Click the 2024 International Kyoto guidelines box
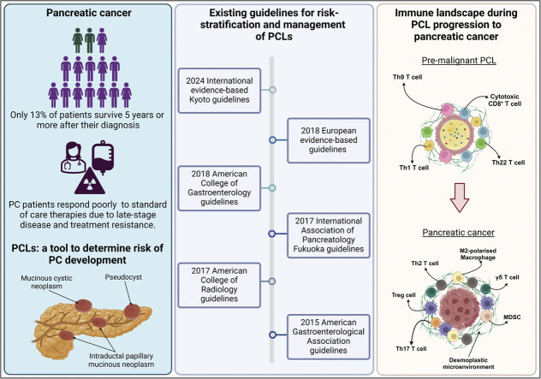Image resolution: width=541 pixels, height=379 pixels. pyautogui.click(x=219, y=91)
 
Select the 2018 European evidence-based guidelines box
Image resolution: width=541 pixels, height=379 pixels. pyautogui.click(x=329, y=140)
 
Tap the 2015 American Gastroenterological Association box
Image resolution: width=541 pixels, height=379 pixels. pyautogui.click(x=329, y=336)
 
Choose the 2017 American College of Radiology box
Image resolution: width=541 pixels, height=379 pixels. pyautogui.click(x=219, y=285)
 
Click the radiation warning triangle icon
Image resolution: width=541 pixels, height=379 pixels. pyautogui.click(x=90, y=180)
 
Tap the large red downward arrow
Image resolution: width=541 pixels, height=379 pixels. pyautogui.click(x=459, y=198)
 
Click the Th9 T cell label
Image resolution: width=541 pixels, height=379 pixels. pyautogui.click(x=407, y=77)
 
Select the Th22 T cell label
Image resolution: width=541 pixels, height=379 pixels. pyautogui.click(x=508, y=163)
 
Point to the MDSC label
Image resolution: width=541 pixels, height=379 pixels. pyautogui.click(x=513, y=317)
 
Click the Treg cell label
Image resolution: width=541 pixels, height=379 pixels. pyautogui.click(x=403, y=295)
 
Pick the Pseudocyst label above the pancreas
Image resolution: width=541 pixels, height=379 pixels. pyautogui.click(x=123, y=277)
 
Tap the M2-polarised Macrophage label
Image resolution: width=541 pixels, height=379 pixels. pyautogui.click(x=478, y=254)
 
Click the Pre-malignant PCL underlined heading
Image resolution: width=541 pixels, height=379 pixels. pyautogui.click(x=459, y=61)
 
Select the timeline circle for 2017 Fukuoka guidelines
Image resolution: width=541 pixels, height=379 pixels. pyautogui.click(x=272, y=234)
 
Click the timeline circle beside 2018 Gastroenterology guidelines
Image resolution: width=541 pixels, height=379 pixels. pyautogui.click(x=272, y=188)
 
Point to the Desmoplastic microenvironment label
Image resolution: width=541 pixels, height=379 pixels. pyautogui.click(x=468, y=364)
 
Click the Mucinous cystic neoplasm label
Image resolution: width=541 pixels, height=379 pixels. pyautogui.click(x=46, y=282)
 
